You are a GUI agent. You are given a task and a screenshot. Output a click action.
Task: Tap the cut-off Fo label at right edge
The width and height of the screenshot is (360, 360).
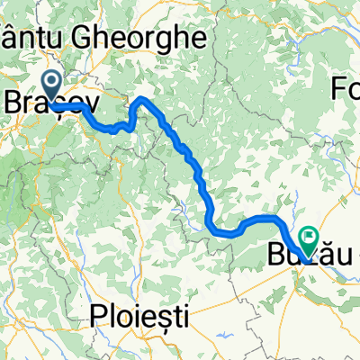click(346, 89)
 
